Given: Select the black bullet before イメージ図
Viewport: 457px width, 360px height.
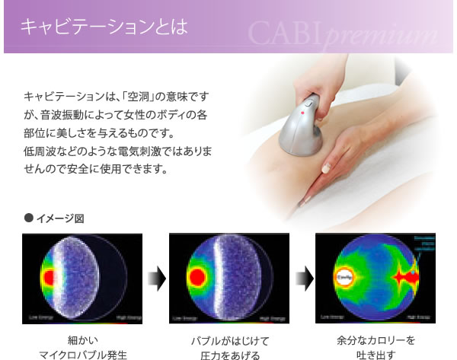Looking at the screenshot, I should pos(29,218).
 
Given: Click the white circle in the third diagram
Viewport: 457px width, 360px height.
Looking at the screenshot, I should pos(343,279).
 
